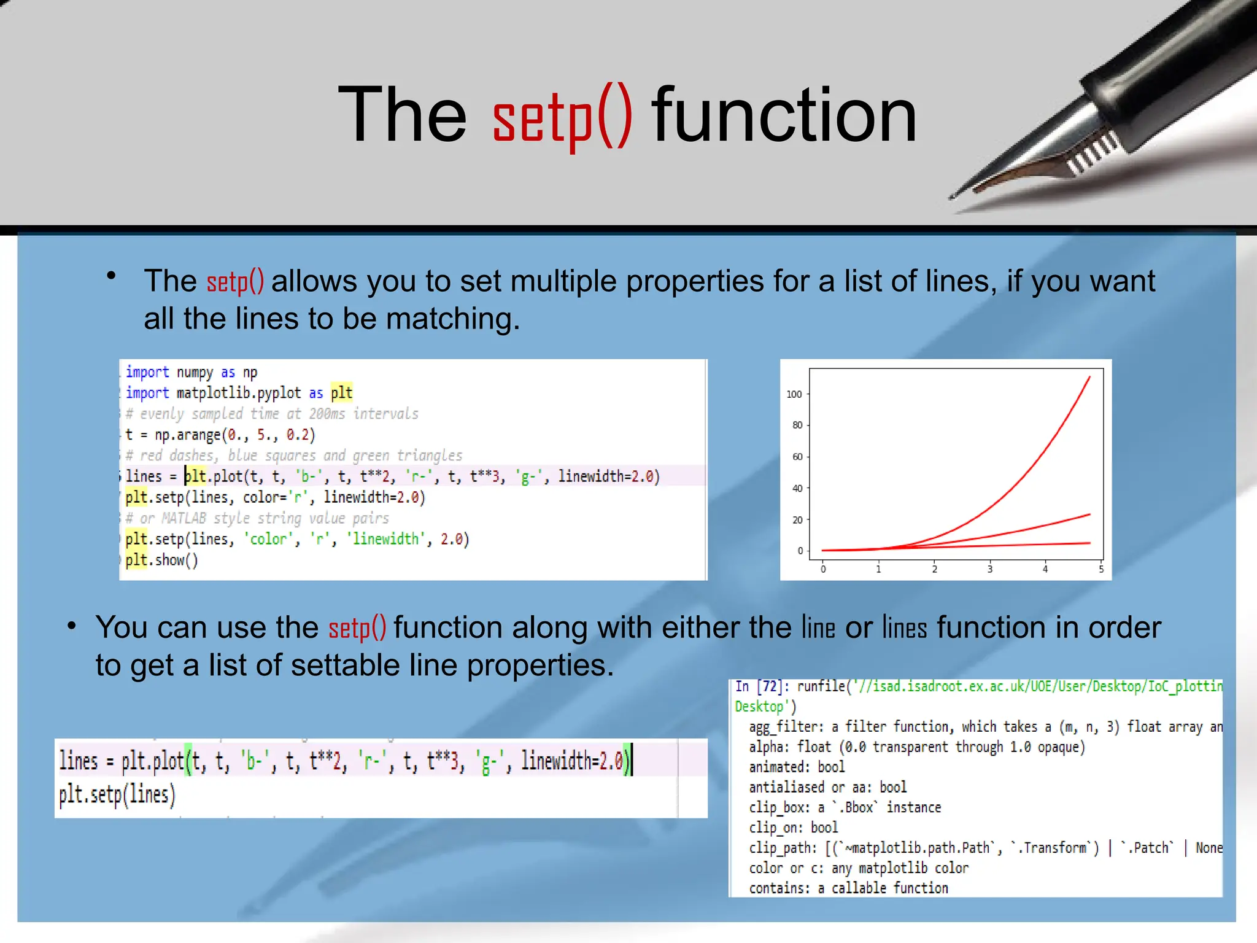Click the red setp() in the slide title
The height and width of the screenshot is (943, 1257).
(562, 117)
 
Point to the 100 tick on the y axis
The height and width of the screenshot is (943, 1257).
(794, 394)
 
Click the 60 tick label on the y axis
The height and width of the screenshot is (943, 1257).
(797, 457)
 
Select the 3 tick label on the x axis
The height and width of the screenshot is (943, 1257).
(989, 570)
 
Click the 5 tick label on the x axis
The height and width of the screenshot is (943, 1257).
(1100, 570)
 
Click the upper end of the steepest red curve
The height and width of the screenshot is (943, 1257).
(1089, 378)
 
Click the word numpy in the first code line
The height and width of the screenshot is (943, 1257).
(195, 373)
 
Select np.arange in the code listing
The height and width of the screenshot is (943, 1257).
(187, 435)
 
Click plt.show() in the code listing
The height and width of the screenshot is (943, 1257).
(161, 560)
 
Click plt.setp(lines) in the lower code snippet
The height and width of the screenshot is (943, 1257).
(117, 794)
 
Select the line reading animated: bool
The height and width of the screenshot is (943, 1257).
(796, 767)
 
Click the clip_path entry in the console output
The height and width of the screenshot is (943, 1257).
(781, 848)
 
